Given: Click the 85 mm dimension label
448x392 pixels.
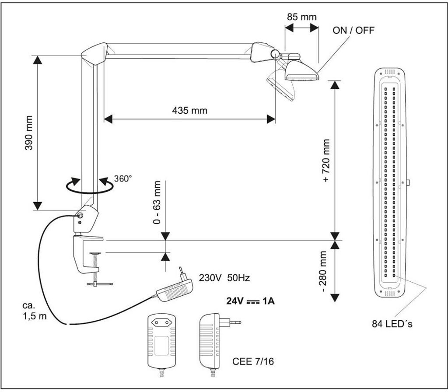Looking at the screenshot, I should click(301, 17).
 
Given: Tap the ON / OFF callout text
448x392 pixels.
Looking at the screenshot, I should click(353, 30).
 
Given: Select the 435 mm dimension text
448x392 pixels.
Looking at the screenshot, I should click(189, 110).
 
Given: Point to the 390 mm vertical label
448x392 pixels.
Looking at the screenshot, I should click(29, 133).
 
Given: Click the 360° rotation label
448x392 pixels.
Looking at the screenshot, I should click(122, 178).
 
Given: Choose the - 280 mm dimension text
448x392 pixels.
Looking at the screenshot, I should click(326, 272).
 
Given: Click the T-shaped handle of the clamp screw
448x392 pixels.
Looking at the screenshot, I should click(100, 284).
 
